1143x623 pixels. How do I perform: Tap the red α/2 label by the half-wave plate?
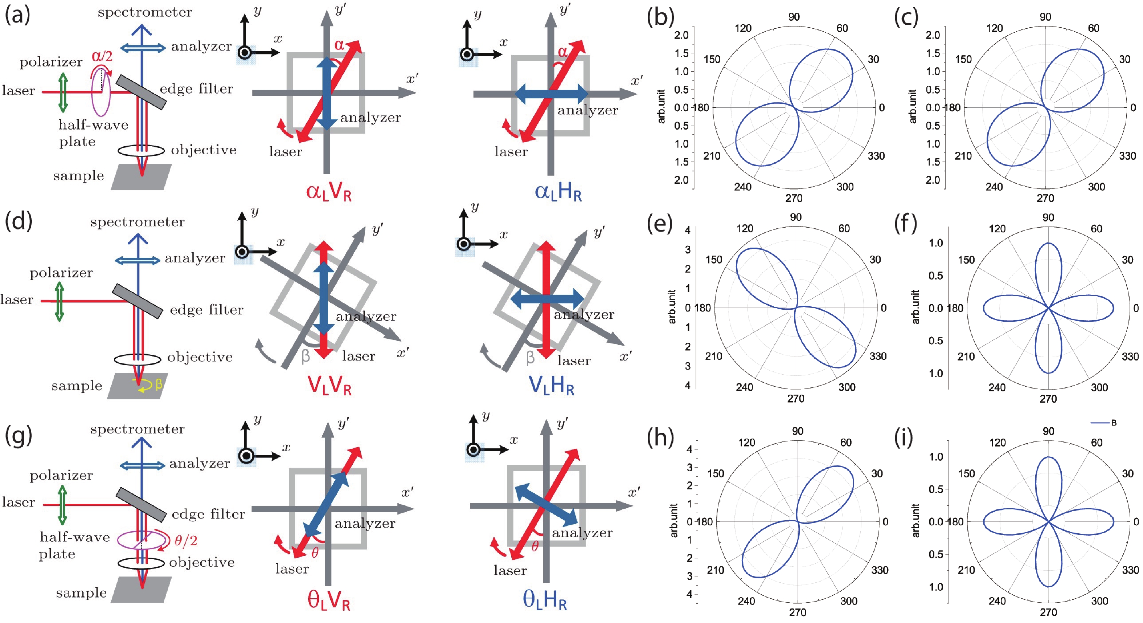[102, 56]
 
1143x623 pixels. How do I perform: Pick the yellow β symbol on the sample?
[159, 383]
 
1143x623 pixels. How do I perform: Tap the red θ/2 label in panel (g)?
[185, 541]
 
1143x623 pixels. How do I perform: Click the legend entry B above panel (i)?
[1113, 423]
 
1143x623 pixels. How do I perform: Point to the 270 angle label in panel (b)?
[794, 198]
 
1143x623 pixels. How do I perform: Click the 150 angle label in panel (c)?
[963, 60]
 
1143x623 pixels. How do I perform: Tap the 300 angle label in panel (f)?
[1099, 387]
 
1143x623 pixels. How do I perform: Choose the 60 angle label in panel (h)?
[846, 442]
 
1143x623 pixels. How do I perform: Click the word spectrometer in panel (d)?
[137, 222]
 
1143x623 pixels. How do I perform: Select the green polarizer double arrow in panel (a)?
[63, 92]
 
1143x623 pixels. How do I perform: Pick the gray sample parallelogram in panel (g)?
[141, 589]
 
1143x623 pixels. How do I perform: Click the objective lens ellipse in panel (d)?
[137, 359]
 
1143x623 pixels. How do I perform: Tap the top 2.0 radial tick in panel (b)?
[681, 35]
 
